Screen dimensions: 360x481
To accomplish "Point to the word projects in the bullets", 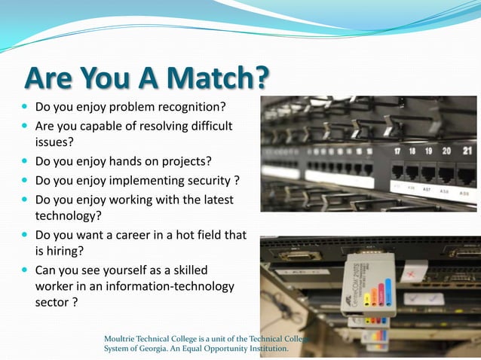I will pos(183,160).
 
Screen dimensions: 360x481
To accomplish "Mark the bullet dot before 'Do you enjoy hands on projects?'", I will pos(24,160).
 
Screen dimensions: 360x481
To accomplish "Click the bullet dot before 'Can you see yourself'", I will pos(24,270).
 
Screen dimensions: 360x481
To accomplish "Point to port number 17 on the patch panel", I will pos(397,151).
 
